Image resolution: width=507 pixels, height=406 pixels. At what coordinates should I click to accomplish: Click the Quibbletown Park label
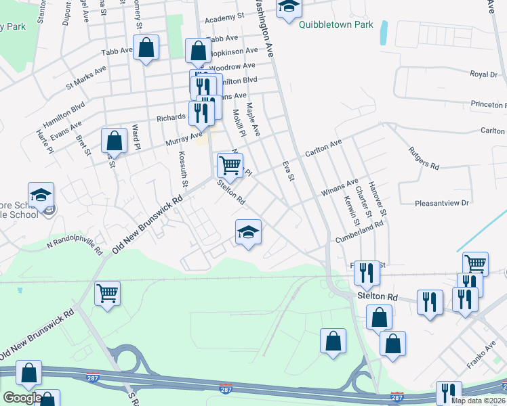pos(336,25)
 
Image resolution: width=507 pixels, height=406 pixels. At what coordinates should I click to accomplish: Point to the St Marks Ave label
pos(86,78)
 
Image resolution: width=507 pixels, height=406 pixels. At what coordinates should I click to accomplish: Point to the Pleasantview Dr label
pos(443,202)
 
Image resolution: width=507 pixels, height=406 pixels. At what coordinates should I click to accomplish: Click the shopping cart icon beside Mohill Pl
pos(230,165)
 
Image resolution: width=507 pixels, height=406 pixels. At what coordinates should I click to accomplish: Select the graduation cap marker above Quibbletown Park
pos(289,6)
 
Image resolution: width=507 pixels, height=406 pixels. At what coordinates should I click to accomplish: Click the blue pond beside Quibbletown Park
pos(384,32)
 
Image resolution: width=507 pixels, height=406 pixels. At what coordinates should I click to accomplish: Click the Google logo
pos(22,398)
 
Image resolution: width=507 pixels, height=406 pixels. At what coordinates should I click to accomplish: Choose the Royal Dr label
pos(483,74)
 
